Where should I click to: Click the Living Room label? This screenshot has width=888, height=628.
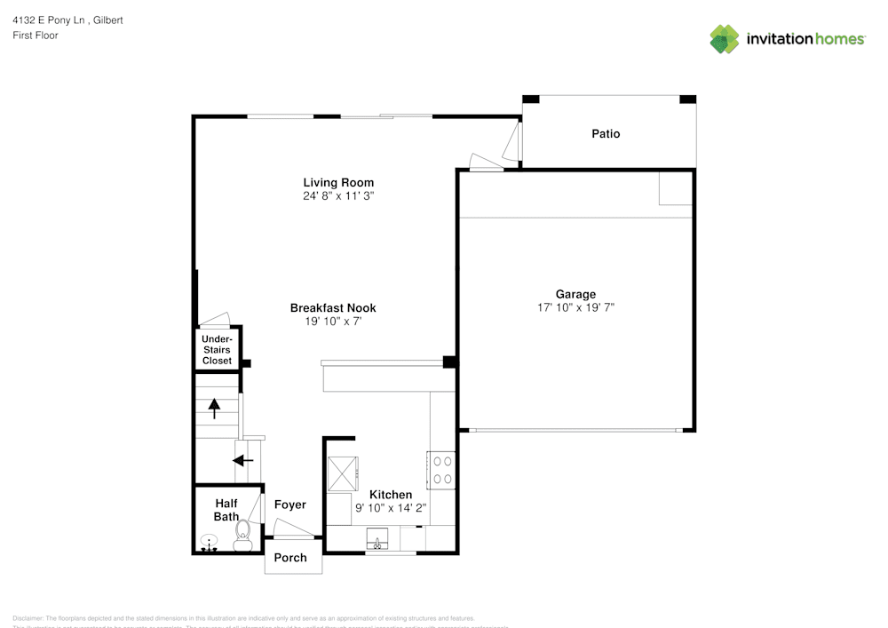click(338, 183)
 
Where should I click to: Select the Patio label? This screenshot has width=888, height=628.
click(606, 134)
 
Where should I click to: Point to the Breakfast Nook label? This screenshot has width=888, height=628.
click(333, 308)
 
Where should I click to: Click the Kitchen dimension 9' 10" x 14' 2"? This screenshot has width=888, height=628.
click(391, 507)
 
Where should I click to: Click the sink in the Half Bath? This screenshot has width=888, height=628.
click(210, 542)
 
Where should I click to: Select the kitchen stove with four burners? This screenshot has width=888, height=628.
click(441, 470)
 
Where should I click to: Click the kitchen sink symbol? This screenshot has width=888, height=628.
click(378, 539)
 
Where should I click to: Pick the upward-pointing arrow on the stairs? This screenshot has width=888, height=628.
click(214, 408)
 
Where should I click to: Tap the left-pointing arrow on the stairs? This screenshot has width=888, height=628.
click(242, 460)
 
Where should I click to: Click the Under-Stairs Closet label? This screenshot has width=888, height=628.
click(217, 350)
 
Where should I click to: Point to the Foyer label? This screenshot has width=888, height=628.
click(289, 505)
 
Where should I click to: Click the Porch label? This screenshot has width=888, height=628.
click(289, 558)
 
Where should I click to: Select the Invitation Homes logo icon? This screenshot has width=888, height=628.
click(725, 39)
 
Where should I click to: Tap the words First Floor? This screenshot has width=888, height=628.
click(36, 36)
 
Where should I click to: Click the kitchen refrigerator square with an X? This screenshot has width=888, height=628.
click(342, 473)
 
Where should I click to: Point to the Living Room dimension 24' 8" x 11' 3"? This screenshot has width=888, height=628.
click(338, 196)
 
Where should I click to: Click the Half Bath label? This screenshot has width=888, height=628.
click(226, 510)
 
